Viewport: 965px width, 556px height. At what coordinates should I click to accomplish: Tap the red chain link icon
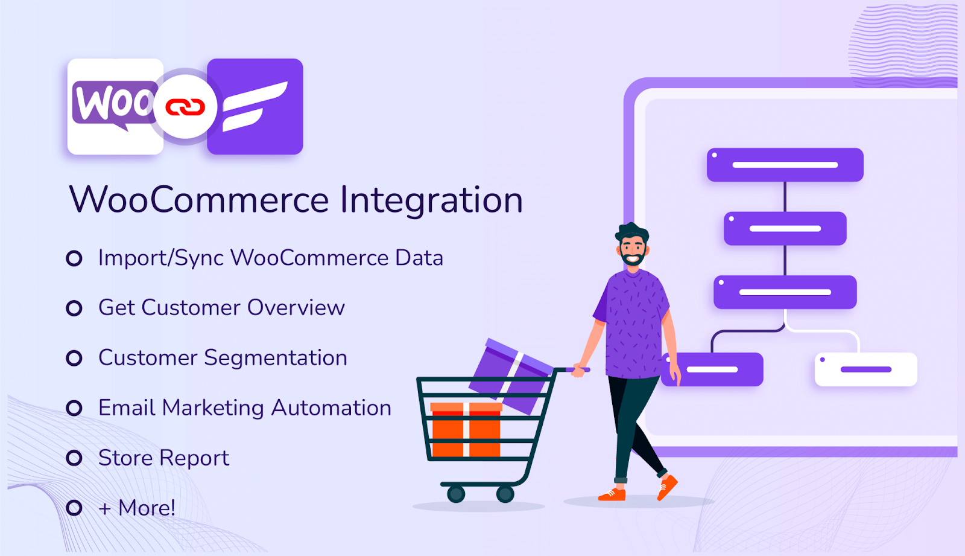coord(185,107)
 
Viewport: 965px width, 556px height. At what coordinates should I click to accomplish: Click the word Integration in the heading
coord(431,200)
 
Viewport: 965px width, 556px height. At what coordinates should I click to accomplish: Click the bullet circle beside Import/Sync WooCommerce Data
coord(74,258)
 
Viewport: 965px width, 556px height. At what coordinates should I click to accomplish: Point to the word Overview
coord(296,308)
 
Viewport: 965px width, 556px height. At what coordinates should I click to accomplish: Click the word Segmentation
coord(276,358)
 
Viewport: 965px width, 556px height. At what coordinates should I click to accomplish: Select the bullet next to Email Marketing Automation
coord(74,408)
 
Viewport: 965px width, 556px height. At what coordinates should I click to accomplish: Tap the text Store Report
coord(163,458)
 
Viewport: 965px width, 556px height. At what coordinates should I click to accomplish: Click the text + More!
coord(137,508)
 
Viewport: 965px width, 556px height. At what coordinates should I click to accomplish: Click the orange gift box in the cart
coord(466,430)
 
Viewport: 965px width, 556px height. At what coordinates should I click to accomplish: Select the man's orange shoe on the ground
coord(612,494)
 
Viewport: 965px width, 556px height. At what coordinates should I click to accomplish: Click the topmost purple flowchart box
coord(785,165)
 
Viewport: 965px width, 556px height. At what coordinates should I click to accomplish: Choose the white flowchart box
coord(865,369)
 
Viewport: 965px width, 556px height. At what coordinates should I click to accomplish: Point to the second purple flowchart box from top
coord(785,229)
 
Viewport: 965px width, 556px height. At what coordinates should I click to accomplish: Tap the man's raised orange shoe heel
coord(668,485)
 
